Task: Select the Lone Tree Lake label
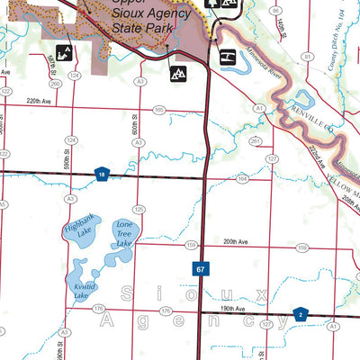[124, 233]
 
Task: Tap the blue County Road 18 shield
[103, 175]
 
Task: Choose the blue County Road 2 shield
[303, 313]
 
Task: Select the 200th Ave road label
[236, 242]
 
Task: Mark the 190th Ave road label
[229, 307]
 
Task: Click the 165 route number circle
[158, 110]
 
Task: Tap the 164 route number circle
[241, 179]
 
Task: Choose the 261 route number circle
[255, 140]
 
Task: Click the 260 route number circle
[56, 85]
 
